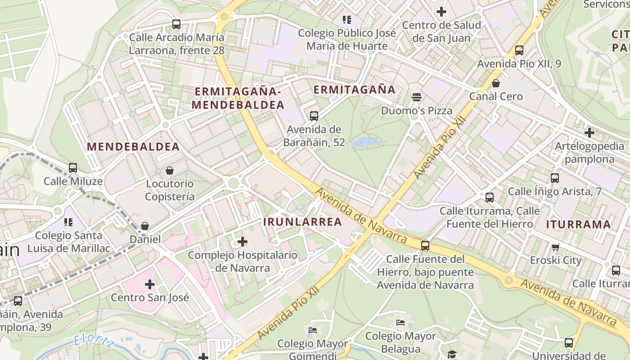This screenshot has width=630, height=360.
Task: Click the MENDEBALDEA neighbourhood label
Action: (x=133, y=147)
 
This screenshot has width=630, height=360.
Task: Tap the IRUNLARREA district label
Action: (x=302, y=222)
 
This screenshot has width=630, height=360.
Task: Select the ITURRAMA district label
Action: (x=579, y=225)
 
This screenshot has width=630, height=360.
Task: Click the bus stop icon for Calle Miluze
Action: (x=73, y=168)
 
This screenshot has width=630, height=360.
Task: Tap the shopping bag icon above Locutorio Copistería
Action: (x=170, y=170)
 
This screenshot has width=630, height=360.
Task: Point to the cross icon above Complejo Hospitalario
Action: (x=243, y=242)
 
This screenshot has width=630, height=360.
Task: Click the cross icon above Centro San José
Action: (x=150, y=284)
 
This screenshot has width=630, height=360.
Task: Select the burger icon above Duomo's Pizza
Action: (x=417, y=97)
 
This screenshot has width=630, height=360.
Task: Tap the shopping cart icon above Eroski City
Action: (x=555, y=247)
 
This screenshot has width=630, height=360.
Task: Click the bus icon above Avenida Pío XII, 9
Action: (x=519, y=50)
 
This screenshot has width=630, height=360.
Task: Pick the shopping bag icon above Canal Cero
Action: (x=496, y=83)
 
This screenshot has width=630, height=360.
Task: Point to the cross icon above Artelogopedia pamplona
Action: (x=589, y=133)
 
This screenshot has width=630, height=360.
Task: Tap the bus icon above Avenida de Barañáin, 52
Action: (x=314, y=116)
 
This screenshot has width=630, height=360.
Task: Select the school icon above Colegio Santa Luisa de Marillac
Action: (x=68, y=222)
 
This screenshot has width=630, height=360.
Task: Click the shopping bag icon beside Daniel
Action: (x=145, y=226)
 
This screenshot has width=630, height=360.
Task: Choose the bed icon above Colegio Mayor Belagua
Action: (x=400, y=323)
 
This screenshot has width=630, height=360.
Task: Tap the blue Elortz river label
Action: (x=94, y=341)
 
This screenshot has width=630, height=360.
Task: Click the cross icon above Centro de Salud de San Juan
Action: (x=441, y=12)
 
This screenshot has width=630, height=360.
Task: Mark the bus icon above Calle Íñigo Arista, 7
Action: (x=554, y=178)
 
